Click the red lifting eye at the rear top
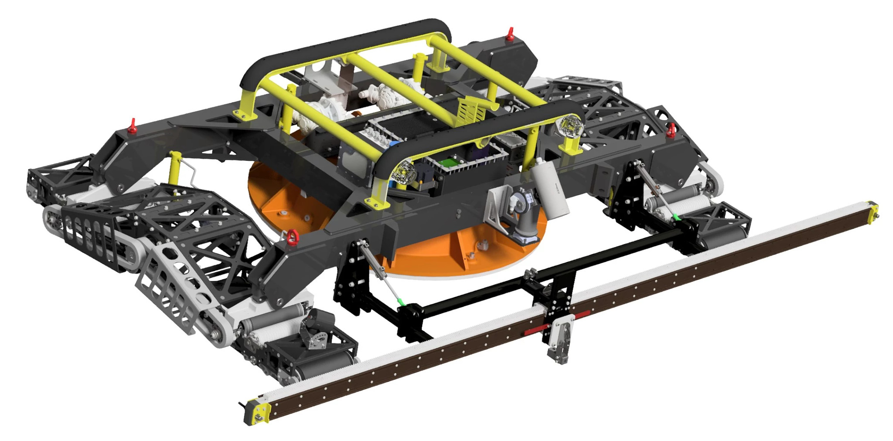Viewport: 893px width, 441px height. tap(509, 34)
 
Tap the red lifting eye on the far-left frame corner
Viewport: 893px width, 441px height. tap(133, 126)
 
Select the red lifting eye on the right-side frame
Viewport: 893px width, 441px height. tap(672, 129)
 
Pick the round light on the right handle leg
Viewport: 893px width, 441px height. tap(571, 126)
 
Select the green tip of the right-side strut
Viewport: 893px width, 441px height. tap(675, 217)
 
